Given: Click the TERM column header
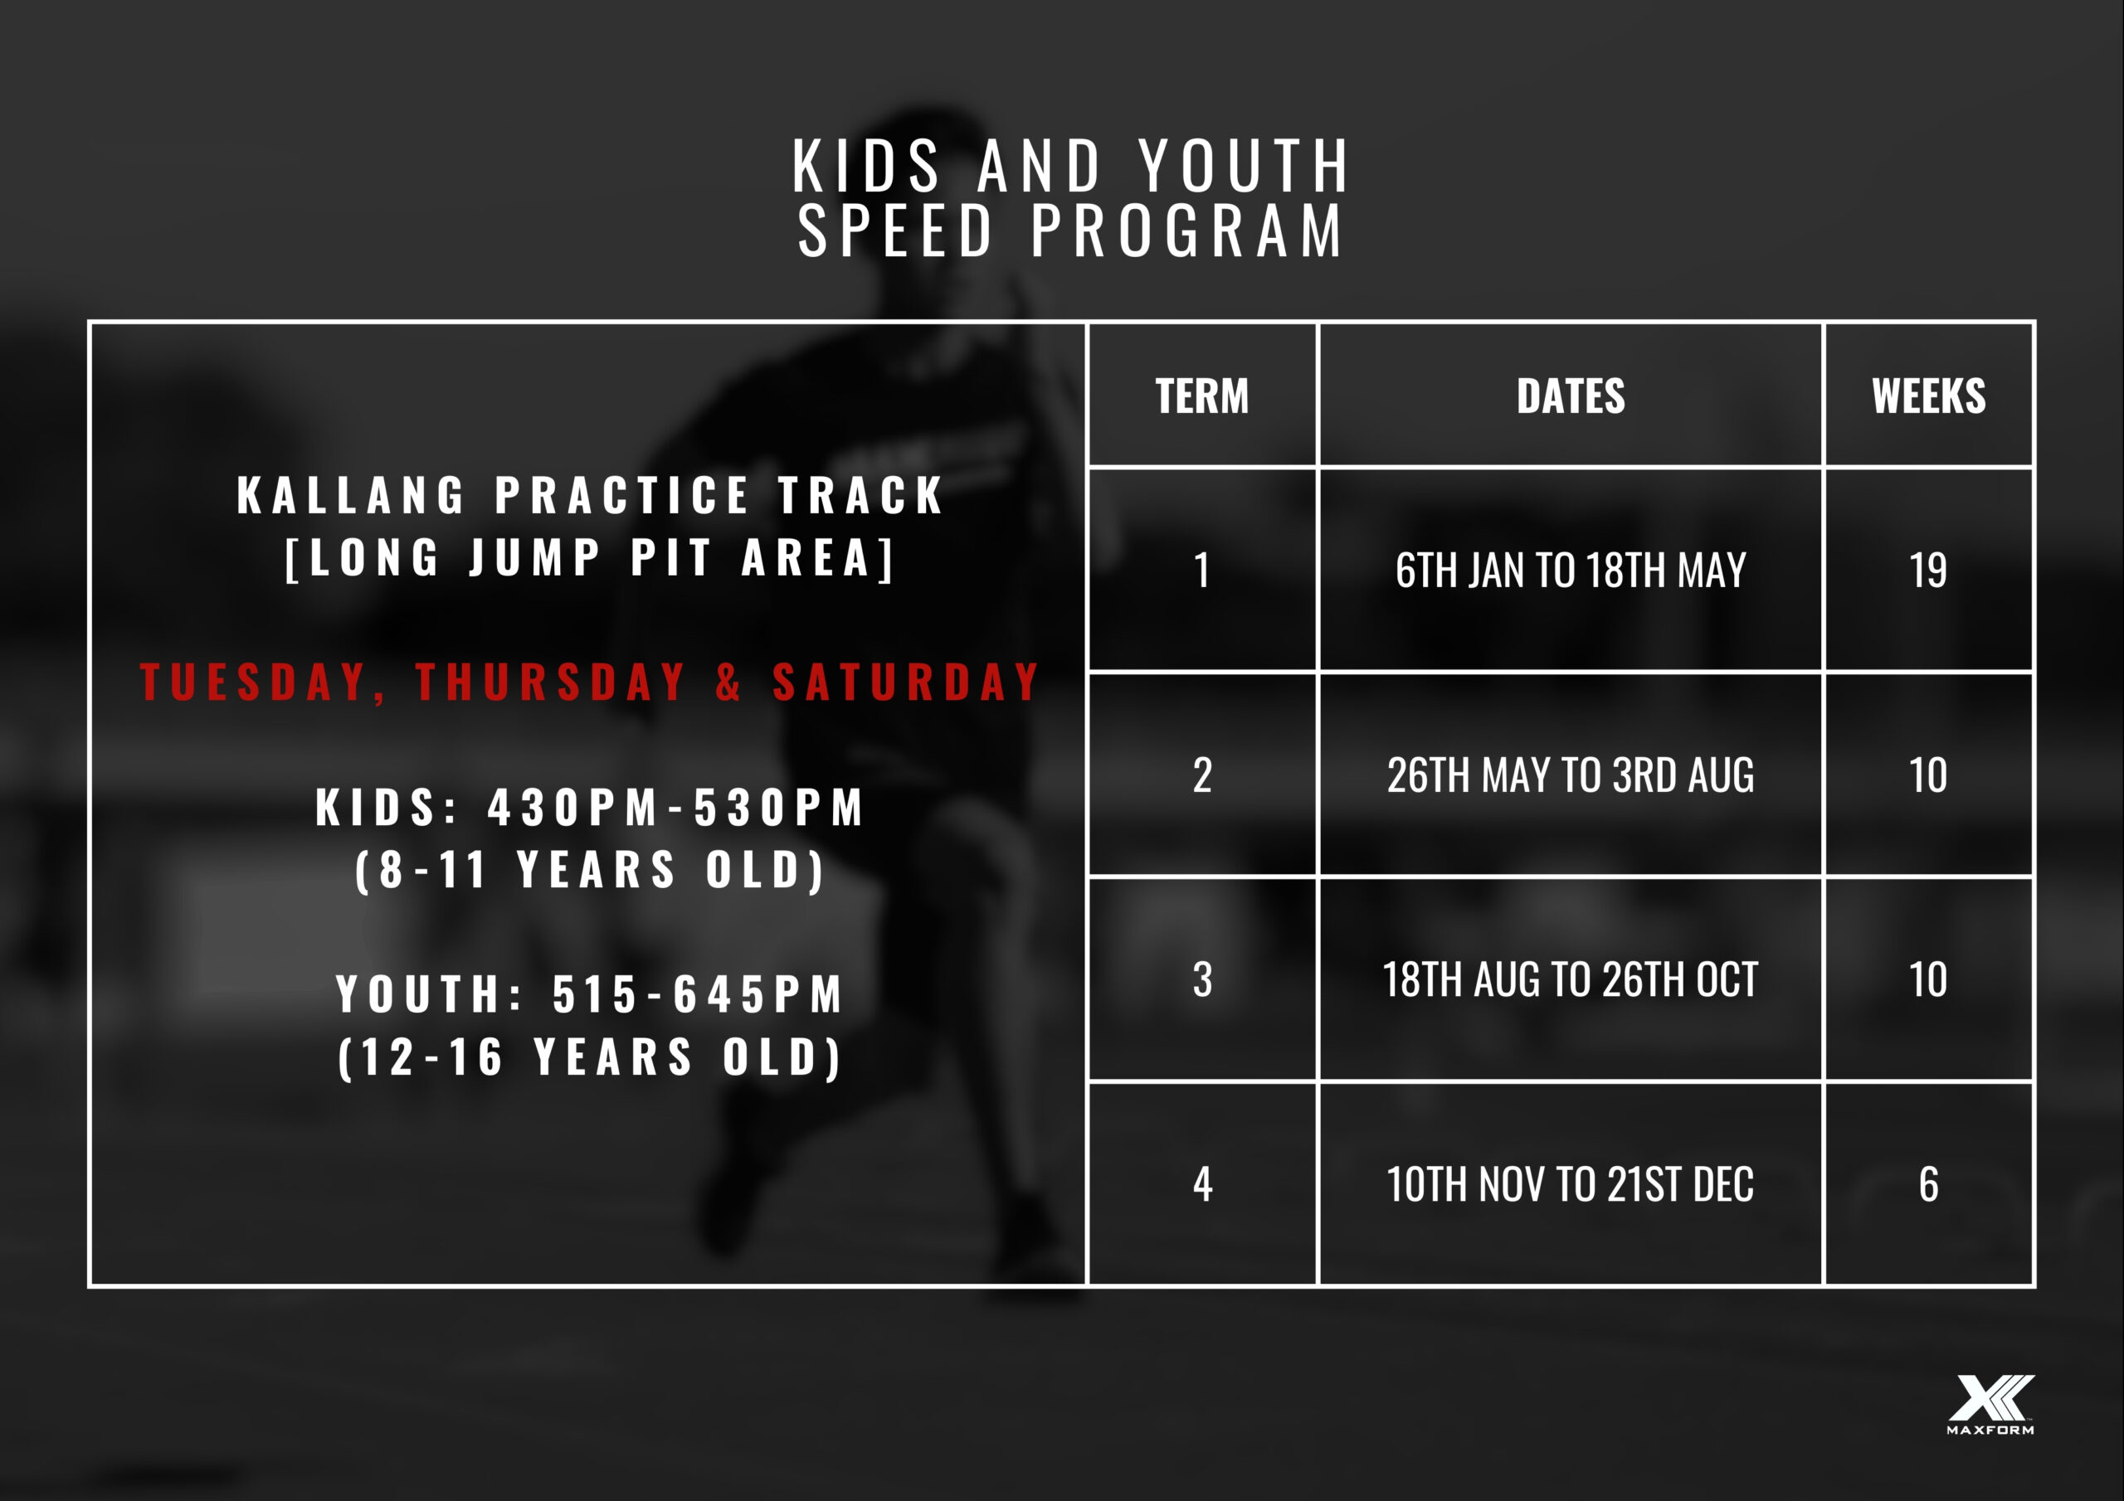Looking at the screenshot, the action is (1201, 396).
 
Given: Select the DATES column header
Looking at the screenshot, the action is (1570, 396).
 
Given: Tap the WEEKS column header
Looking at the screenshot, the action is (1929, 396).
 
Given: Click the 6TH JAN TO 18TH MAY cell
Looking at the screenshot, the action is (1570, 570).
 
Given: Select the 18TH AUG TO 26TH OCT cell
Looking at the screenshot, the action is (1570, 979).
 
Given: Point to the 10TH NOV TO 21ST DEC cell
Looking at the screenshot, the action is (1570, 1183).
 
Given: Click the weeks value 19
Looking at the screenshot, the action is (1929, 570).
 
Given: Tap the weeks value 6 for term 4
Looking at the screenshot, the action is (1929, 1183).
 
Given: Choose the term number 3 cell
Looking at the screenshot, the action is (1201, 979).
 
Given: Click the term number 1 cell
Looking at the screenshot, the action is (1201, 570).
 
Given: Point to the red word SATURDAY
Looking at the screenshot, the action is (907, 682).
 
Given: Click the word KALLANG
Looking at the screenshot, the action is (352, 496).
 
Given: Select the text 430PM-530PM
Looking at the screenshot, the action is (676, 808).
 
